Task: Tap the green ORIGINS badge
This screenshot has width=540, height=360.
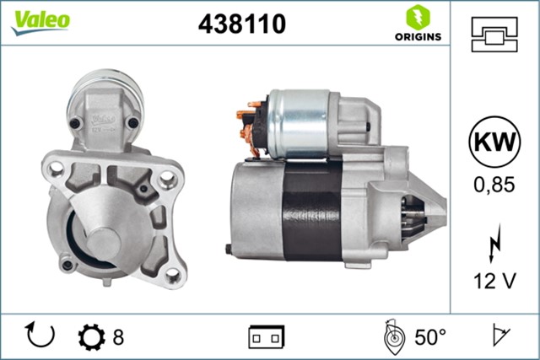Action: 415,24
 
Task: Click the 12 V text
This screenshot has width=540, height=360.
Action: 494,281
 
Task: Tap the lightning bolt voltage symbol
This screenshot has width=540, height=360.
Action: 494,248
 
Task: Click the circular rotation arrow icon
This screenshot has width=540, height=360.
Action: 40,336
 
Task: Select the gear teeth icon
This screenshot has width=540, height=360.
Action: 89,336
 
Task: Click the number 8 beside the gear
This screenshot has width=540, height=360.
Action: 118,337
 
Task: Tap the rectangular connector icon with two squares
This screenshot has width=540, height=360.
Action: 266,336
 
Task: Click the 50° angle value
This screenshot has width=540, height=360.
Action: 429,337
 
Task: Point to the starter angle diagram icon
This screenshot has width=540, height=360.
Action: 392,336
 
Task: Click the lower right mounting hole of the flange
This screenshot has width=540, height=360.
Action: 171,274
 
